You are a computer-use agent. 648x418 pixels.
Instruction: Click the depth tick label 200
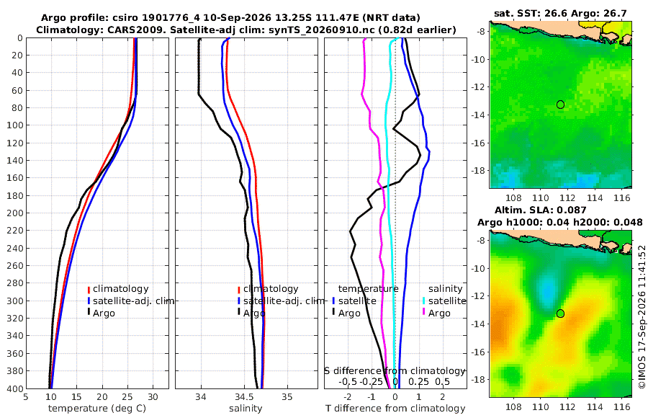click(x=14, y=213)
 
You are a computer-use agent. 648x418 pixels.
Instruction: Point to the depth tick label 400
click(x=14, y=388)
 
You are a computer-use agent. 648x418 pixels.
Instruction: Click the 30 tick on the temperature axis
click(x=153, y=397)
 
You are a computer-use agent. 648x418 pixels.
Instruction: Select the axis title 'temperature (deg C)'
click(x=97, y=409)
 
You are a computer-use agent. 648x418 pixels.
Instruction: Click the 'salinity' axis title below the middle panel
click(x=246, y=409)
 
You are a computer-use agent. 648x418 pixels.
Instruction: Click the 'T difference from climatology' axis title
click(x=395, y=409)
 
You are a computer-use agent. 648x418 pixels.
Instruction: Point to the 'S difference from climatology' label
click(x=395, y=370)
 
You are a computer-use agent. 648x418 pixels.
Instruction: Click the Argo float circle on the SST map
click(x=560, y=104)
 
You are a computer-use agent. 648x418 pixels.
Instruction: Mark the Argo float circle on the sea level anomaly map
click(x=560, y=313)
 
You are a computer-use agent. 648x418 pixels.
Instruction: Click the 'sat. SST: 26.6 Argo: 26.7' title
click(x=560, y=14)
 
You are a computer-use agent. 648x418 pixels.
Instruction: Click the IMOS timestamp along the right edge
click(x=642, y=316)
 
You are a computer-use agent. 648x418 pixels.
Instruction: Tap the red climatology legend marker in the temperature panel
click(x=89, y=289)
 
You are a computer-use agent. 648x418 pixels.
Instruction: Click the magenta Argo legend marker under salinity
click(x=424, y=313)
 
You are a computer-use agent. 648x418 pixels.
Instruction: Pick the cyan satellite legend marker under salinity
click(x=424, y=301)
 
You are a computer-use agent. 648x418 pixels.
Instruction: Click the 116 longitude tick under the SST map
click(x=621, y=198)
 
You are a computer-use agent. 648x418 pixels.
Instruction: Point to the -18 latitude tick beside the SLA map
click(x=479, y=380)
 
